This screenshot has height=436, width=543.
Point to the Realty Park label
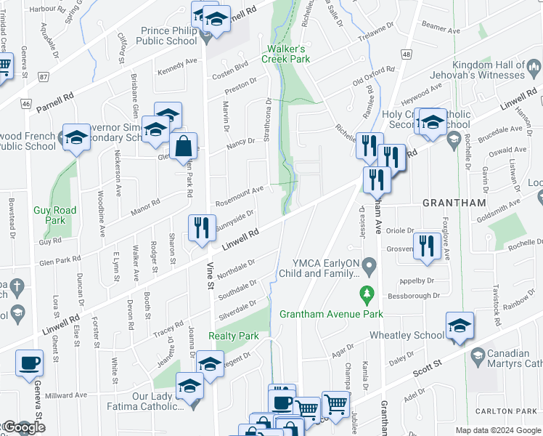tap(234, 336)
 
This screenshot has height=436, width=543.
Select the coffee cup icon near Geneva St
tap(29, 363)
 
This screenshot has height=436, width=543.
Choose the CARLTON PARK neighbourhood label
tap(505, 411)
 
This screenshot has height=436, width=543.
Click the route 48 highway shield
tap(405, 54)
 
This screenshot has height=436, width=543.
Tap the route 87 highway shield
tap(44, 76)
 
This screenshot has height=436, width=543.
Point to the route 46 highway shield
tap(26, 104)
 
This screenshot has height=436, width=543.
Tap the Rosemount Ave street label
tap(238, 193)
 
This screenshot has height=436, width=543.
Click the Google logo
tap(23, 428)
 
